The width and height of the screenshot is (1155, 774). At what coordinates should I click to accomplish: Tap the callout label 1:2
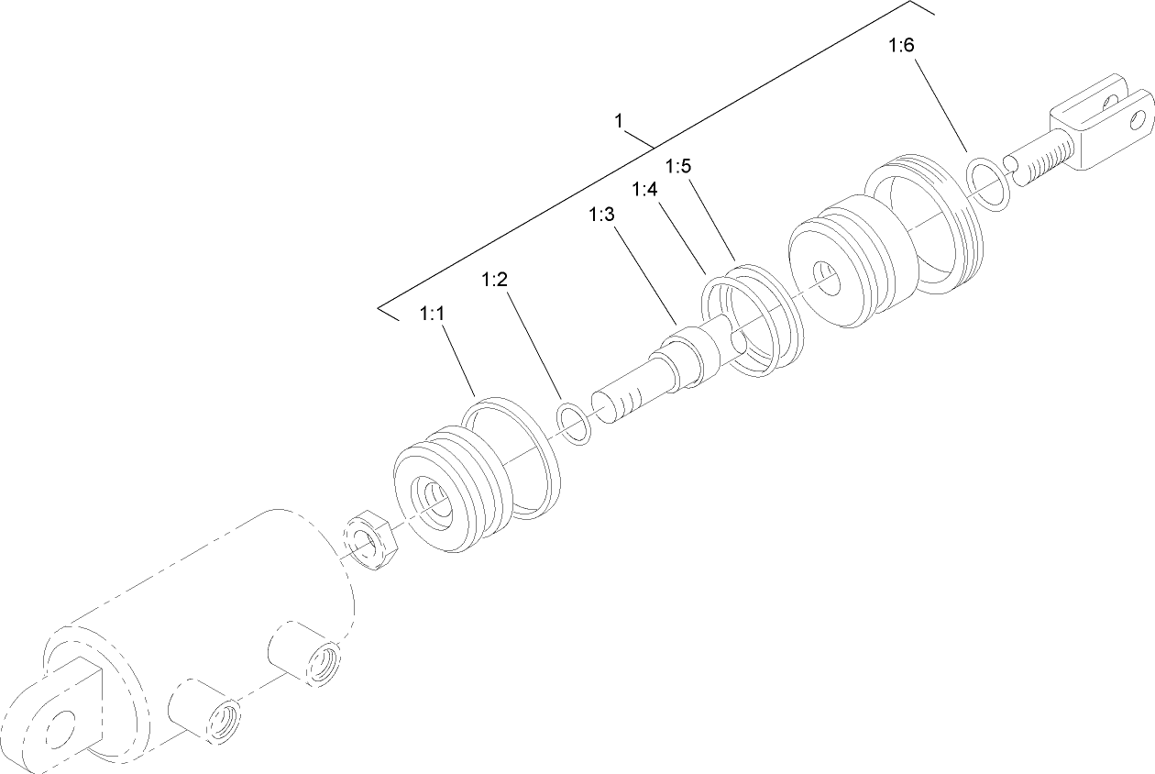click(x=494, y=280)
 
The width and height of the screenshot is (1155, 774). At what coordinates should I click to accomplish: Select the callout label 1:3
click(x=601, y=215)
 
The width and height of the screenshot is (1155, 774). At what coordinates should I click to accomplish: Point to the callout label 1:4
click(x=645, y=189)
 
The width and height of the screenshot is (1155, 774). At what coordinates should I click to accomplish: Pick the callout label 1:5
click(x=677, y=166)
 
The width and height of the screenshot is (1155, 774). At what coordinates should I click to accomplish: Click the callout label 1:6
click(x=901, y=46)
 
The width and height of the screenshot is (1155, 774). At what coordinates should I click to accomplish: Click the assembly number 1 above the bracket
click(x=619, y=120)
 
